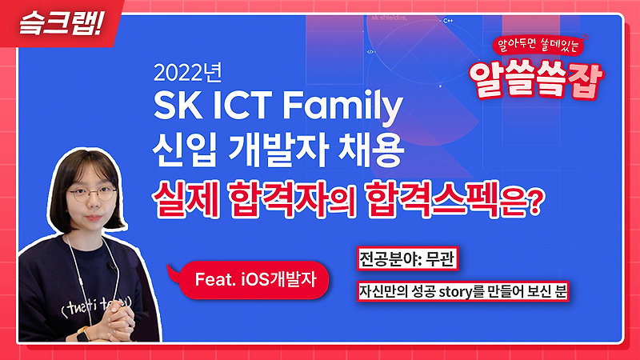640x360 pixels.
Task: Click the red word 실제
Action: (x=182, y=195)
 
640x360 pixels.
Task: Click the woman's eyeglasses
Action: (x=90, y=193)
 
